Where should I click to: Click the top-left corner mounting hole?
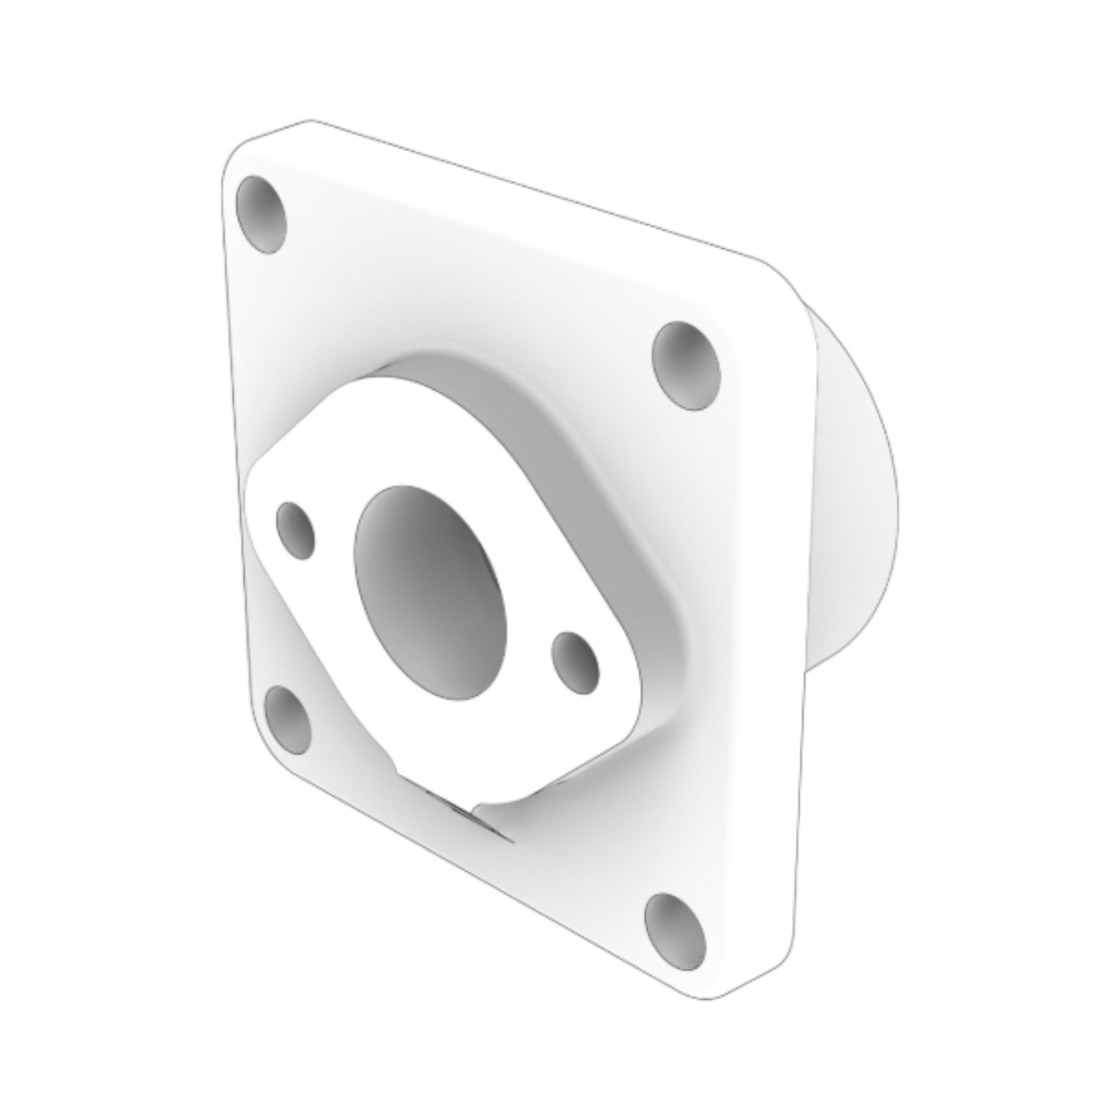pos(261,214)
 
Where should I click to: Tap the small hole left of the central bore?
pos(296,530)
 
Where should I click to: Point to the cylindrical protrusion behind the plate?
pos(853,496)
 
